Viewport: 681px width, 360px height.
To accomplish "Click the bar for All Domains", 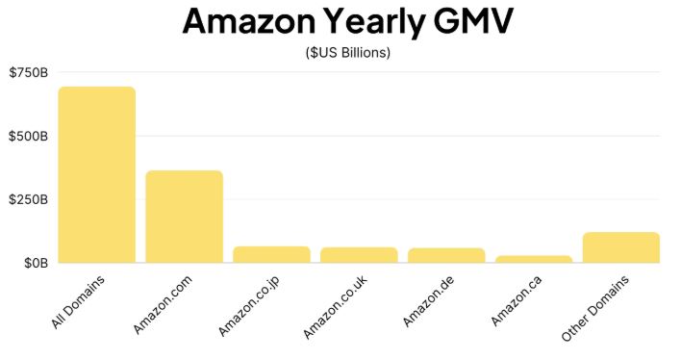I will point(96,174).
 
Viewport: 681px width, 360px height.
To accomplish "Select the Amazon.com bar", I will point(184,217).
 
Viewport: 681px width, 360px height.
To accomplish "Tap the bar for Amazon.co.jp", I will point(271,254).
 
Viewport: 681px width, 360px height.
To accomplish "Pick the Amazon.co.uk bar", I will point(359,255).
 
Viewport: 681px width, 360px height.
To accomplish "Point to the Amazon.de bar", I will point(446,255).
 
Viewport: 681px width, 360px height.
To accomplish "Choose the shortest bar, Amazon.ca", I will point(534,259).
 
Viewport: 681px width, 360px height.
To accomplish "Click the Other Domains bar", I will point(620,247).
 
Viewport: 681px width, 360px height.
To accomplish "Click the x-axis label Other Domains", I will point(595,309).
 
